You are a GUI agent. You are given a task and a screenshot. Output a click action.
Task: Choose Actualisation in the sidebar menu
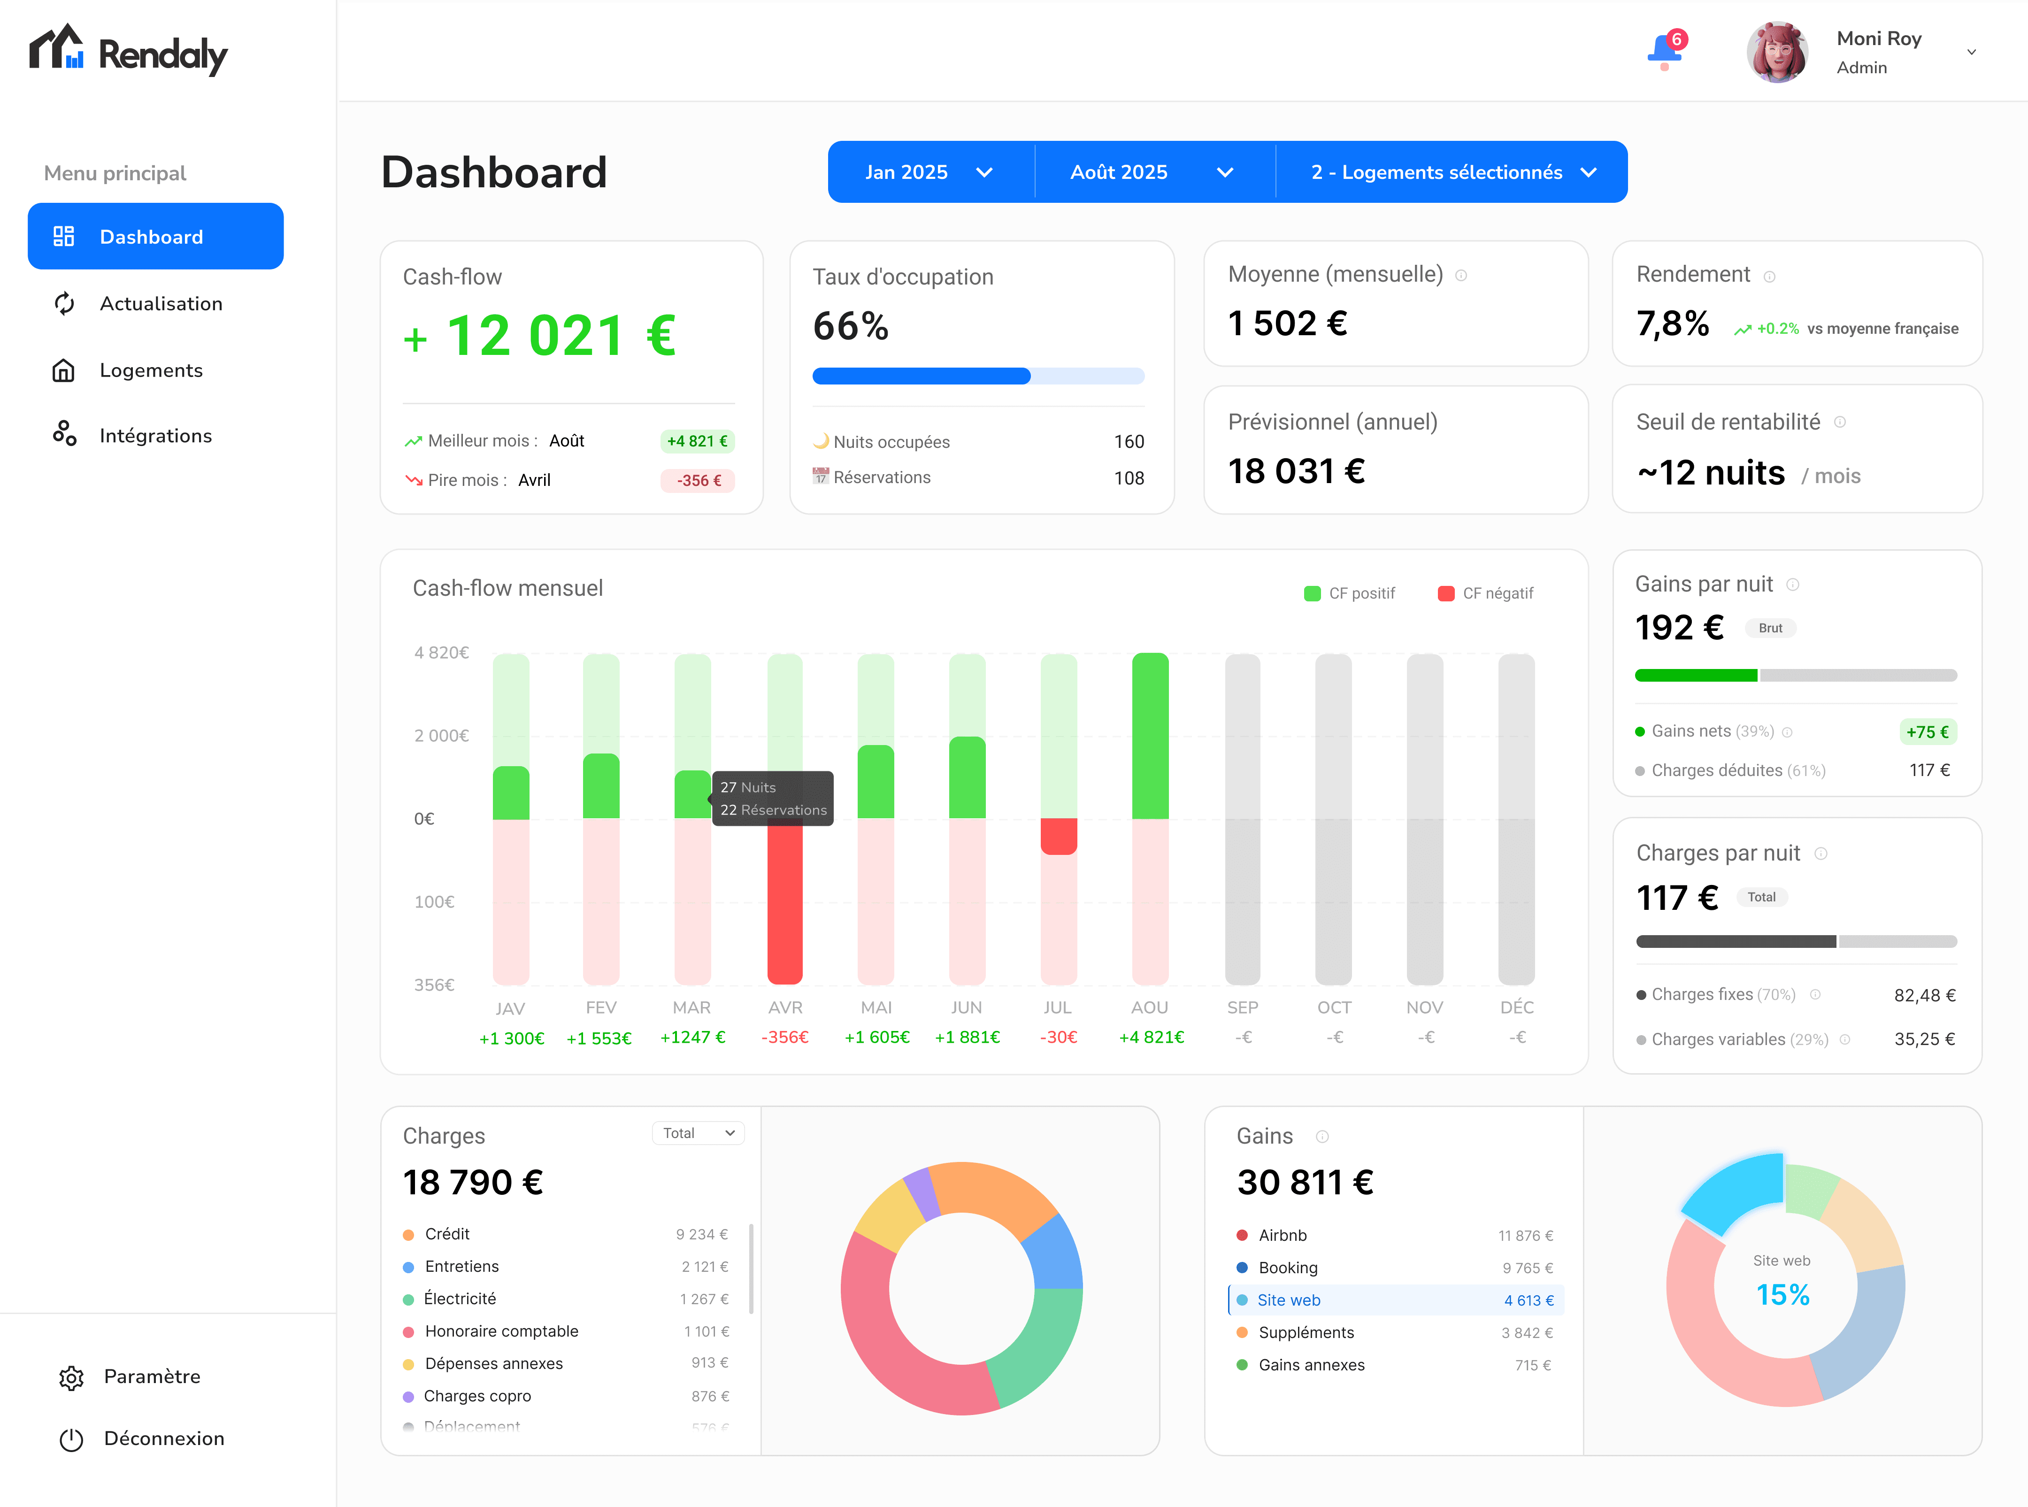161,304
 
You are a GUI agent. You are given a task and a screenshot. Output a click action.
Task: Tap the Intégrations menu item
155,436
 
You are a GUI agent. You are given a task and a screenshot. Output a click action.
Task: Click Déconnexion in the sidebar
163,1438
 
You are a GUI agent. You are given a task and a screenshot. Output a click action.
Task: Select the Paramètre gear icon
71,1377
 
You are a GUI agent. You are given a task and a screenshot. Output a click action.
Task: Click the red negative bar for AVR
784,903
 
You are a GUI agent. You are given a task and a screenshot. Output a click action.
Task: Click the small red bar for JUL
1058,836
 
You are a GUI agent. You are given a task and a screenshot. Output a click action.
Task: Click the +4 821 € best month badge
697,441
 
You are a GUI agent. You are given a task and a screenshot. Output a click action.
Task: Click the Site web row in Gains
1396,1300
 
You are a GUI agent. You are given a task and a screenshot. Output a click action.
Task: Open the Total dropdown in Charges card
698,1133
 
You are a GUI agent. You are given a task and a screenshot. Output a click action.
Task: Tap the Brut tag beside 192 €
1770,629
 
